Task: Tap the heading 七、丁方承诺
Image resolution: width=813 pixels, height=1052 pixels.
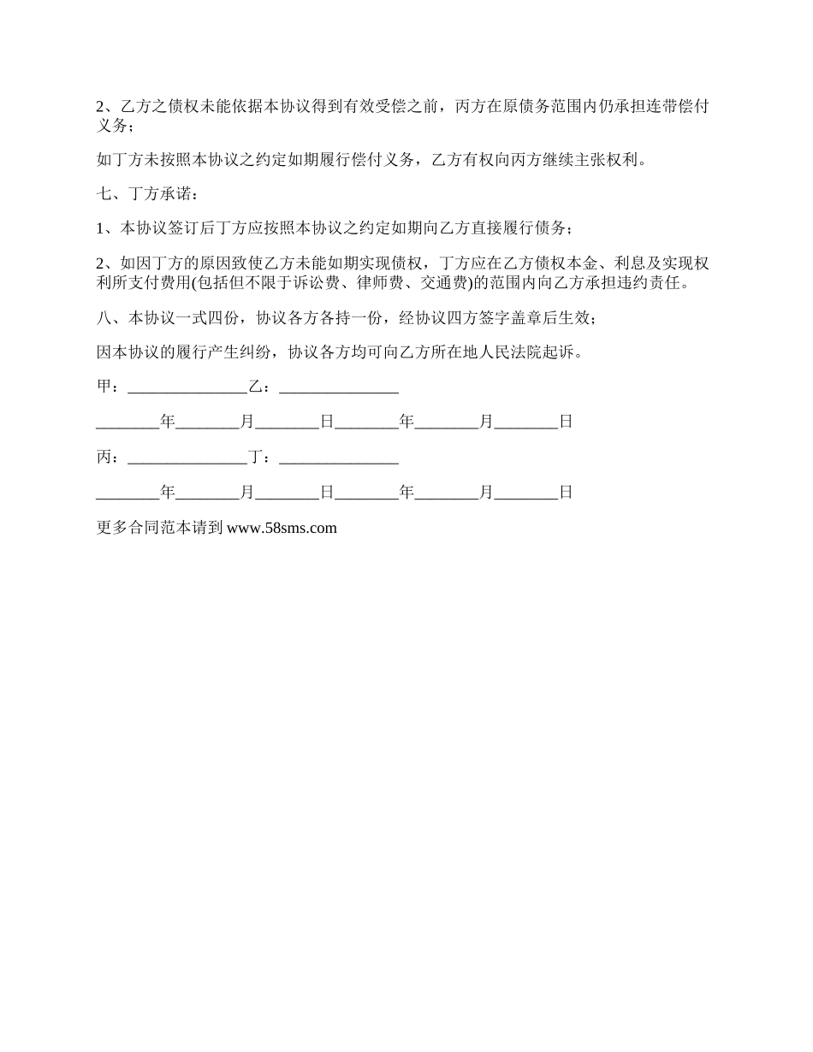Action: click(x=147, y=195)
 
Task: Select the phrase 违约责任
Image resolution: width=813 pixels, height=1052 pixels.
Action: click(x=657, y=283)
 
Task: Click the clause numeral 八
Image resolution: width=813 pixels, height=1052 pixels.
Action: click(x=104, y=318)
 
